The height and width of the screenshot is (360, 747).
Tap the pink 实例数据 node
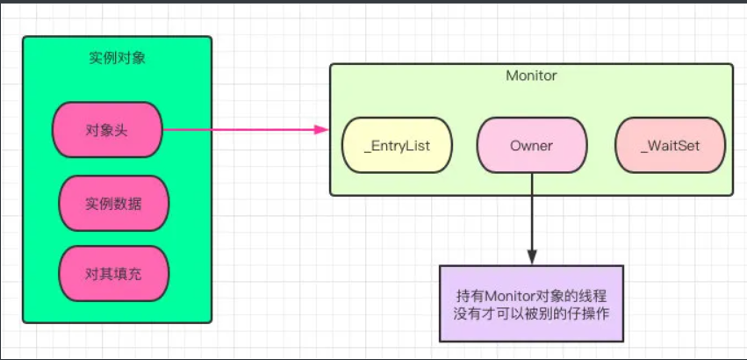pos(113,204)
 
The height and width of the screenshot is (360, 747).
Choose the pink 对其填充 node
pos(113,274)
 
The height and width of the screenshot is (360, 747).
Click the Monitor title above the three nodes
pos(531,76)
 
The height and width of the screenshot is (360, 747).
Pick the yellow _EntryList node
pos(397,146)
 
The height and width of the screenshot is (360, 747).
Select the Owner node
pos(531,146)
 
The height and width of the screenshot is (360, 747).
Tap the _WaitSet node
pos(671,146)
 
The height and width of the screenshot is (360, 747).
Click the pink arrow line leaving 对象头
pos(237,131)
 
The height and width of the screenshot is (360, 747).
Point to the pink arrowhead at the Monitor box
pos(321,131)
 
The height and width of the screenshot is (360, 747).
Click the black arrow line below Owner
pos(531,211)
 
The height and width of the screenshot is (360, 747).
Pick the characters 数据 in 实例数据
pos(127,204)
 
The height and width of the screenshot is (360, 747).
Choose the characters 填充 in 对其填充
pos(127,274)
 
